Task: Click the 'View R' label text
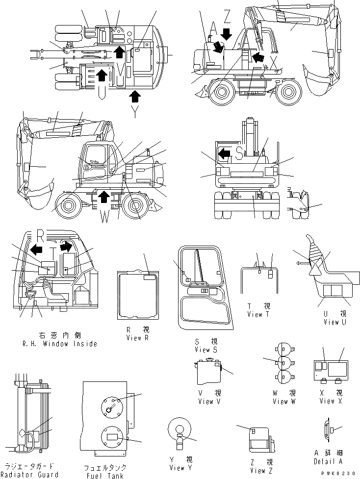pyautogui.click(x=133, y=338)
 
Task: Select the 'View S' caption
pyautogui.click(x=206, y=350)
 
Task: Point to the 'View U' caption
pyautogui.click(x=335, y=322)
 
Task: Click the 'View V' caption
pyautogui.click(x=209, y=402)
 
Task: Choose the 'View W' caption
pyautogui.click(x=284, y=402)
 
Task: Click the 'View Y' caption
pyautogui.click(x=180, y=467)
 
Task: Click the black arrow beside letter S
pyautogui.click(x=224, y=154)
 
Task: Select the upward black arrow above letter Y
pyautogui.click(x=135, y=96)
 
